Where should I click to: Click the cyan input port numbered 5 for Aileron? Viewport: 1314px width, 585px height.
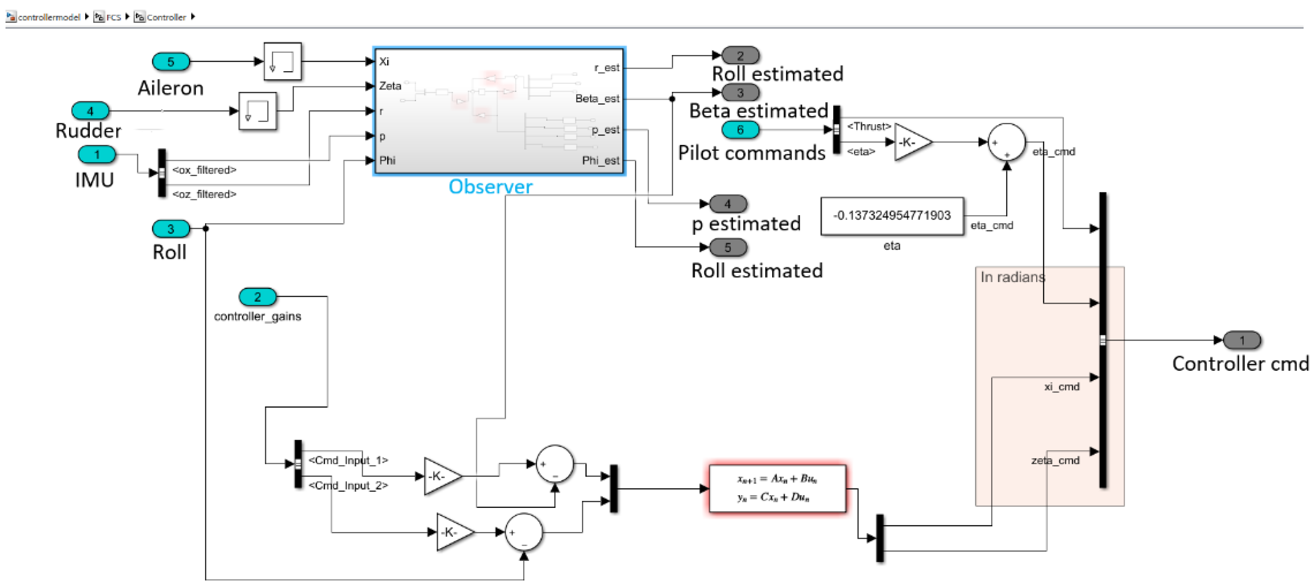tap(171, 62)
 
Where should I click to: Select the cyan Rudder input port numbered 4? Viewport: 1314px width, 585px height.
tap(90, 111)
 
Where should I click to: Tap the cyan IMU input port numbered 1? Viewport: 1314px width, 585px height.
tap(97, 155)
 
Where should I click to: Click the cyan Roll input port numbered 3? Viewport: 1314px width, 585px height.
tap(171, 229)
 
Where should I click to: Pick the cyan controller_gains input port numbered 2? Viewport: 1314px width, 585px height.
tap(258, 297)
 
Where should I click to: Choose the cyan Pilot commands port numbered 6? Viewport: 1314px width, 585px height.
tap(740, 130)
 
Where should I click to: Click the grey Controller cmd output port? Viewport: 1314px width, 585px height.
tap(1242, 340)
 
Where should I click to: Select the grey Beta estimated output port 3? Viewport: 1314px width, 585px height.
tap(740, 93)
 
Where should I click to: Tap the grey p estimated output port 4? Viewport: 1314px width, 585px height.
tap(728, 204)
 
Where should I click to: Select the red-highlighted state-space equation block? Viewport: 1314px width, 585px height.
tap(777, 488)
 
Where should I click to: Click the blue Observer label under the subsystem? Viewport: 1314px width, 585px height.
tap(490, 187)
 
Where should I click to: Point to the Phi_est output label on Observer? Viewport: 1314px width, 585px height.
tap(600, 161)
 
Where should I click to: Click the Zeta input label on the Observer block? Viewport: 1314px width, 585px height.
tap(390, 86)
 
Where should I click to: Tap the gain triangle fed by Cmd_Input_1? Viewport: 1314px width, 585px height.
tap(440, 477)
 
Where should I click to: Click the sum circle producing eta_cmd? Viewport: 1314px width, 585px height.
tap(1006, 142)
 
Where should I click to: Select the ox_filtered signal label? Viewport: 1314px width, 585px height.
tap(205, 170)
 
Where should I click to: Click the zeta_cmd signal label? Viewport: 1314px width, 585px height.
tap(1055, 460)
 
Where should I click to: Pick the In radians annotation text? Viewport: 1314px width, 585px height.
tap(1012, 277)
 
